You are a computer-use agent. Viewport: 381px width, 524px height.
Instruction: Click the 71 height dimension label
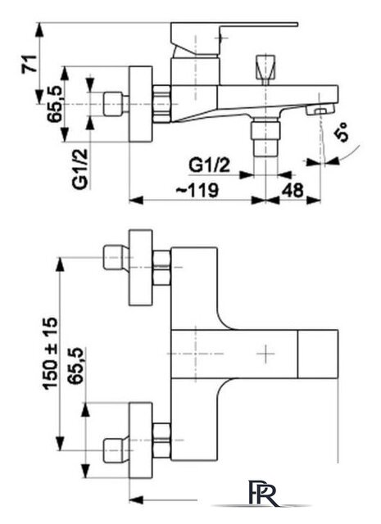pyautogui.click(x=29, y=63)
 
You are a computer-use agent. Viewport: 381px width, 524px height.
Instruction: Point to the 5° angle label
pyautogui.click(x=342, y=133)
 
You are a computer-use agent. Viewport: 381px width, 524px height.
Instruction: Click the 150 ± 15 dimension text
pyautogui.click(x=50, y=353)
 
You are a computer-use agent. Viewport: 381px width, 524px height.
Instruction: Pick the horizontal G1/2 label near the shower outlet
pyautogui.click(x=210, y=165)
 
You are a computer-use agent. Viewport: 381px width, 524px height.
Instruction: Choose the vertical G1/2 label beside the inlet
pyautogui.click(x=80, y=169)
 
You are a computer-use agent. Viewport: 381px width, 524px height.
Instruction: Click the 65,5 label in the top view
pyautogui.click(x=55, y=104)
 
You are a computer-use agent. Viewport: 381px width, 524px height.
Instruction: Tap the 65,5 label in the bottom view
pyautogui.click(x=75, y=366)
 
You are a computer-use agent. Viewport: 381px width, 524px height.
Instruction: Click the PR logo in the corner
pyautogui.click(x=263, y=497)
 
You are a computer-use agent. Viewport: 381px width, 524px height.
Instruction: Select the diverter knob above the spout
pyautogui.click(x=266, y=68)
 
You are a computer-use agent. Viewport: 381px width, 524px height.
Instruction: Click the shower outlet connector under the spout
pyautogui.click(x=265, y=137)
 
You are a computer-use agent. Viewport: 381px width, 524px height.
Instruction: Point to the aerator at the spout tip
pyautogui.click(x=320, y=110)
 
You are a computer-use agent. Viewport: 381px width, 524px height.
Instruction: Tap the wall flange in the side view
pyautogui.click(x=140, y=104)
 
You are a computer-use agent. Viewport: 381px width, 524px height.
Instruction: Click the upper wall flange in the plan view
pyautogui.click(x=140, y=268)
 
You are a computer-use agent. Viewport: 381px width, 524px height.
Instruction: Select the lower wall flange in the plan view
pyautogui.click(x=140, y=440)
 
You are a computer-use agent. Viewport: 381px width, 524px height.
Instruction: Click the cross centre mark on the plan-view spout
pyautogui.click(x=266, y=354)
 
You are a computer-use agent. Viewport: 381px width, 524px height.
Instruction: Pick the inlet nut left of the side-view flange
pyautogui.click(x=112, y=104)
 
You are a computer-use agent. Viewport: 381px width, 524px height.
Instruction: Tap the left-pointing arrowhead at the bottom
pyautogui.click(x=136, y=500)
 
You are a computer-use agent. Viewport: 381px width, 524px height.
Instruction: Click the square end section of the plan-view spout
pyautogui.click(x=318, y=354)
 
